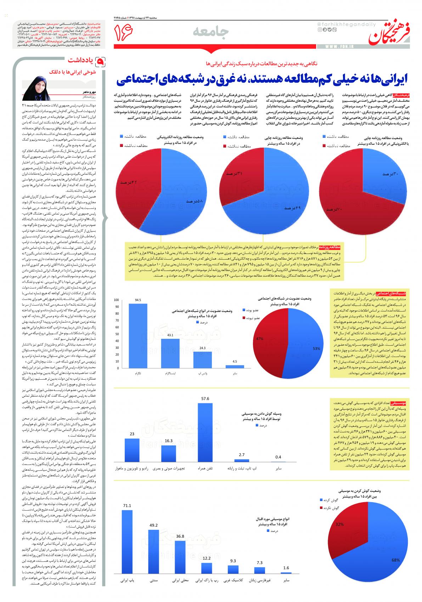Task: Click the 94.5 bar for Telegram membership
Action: [138, 336]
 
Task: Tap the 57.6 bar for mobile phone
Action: [205, 432]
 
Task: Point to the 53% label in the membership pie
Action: [316, 348]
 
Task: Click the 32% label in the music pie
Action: [340, 524]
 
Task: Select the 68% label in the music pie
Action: [395, 570]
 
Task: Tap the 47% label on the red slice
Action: [260, 339]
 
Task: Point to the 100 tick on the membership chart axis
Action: [116, 300]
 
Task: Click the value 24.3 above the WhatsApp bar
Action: [202, 348]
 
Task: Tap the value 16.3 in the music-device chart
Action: [169, 441]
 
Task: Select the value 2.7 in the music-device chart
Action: [242, 455]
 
